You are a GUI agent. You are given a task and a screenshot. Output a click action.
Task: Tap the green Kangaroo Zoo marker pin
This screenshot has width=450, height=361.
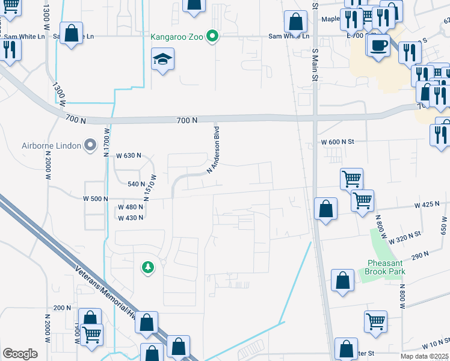tap(212, 37)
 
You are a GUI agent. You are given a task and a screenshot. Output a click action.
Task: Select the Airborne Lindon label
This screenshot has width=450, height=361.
tap(51, 145)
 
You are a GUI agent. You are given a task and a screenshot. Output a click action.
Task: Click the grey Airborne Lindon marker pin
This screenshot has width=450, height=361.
tap(90, 145)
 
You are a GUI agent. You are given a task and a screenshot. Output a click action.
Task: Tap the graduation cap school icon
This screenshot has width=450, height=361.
tap(162, 59)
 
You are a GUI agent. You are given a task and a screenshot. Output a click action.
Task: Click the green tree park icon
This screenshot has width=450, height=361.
tap(148, 267)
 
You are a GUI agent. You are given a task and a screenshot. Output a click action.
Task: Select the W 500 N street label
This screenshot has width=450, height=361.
tap(96, 198)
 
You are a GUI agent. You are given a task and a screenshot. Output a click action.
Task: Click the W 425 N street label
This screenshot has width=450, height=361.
tap(427, 205)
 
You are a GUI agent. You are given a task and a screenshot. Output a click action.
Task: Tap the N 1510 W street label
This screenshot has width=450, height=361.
tap(149, 187)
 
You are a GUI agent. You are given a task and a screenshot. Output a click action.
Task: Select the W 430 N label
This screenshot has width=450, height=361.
tap(130, 218)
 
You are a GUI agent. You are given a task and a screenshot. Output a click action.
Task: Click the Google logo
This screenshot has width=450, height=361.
tap(20, 354)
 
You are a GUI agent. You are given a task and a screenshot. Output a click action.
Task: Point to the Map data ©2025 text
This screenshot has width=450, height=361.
tap(423, 356)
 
